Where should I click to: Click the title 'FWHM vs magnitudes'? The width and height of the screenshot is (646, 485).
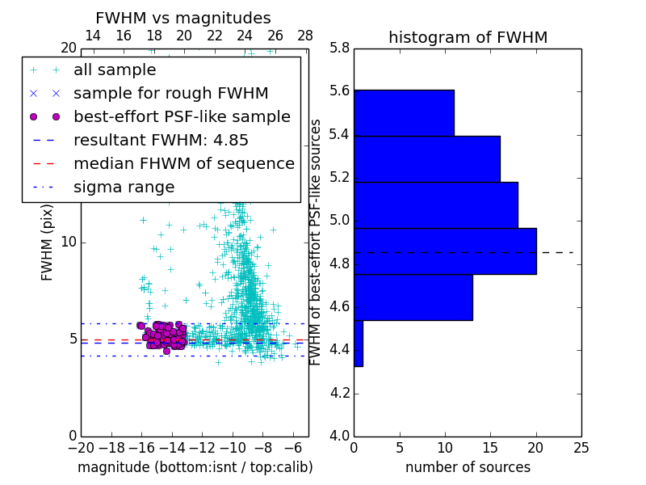coord(183,18)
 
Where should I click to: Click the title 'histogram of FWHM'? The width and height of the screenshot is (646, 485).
coord(468,37)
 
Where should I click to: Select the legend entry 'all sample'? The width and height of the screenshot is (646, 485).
coord(115,70)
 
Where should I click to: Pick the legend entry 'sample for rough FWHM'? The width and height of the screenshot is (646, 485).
coord(170,93)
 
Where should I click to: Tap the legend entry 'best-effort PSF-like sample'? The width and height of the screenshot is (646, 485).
coord(182,116)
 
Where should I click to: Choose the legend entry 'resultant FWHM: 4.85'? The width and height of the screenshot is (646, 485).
coord(161,140)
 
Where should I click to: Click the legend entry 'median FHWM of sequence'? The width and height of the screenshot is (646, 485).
coord(183,163)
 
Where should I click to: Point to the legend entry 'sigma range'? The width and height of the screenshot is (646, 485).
coord(124,187)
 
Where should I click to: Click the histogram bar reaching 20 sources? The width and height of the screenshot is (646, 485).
coord(445,251)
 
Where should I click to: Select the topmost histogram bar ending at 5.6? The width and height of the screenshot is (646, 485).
coord(404,113)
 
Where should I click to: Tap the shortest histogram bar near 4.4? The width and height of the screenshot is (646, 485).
coord(359,344)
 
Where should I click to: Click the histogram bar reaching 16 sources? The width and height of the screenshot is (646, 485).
coord(426,159)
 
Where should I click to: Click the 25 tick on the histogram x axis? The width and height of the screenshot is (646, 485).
coord(581,446)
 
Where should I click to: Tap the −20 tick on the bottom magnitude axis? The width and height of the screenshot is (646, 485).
coord(81,446)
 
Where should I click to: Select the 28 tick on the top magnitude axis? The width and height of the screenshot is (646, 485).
coord(305,36)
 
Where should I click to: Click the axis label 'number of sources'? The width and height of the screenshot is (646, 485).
coord(468,467)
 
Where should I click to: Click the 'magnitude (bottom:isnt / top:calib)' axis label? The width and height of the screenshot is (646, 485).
coord(195,467)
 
